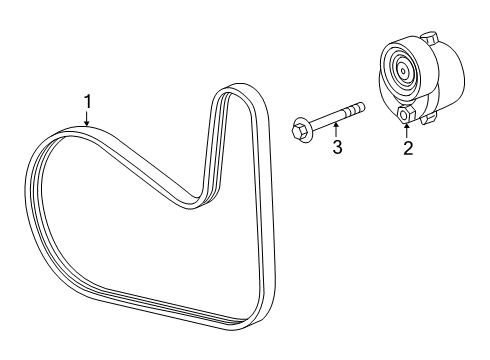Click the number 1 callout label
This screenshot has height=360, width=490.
(x=88, y=101)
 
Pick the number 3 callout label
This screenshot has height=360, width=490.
(x=338, y=149)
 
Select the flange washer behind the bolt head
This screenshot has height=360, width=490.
(x=307, y=126)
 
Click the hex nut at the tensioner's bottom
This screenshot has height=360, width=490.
(x=407, y=117)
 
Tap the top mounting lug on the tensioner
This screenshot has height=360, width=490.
(x=433, y=38)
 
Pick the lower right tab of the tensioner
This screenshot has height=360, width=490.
(x=429, y=118)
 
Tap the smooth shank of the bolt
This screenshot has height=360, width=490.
(x=330, y=117)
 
